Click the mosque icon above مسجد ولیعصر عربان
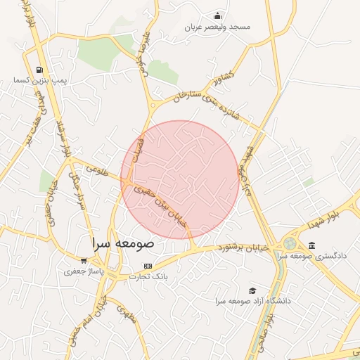pos(218,16)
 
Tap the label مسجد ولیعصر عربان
pos(218,27)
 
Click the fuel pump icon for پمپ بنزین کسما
pos(39,70)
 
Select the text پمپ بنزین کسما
pos(39,81)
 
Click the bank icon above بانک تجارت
pos(147,266)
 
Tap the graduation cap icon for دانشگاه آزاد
pos(252,290)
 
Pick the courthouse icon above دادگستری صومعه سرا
pos(311,245)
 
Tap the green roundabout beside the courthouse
pos(289,243)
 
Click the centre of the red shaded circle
pos(180,179)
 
